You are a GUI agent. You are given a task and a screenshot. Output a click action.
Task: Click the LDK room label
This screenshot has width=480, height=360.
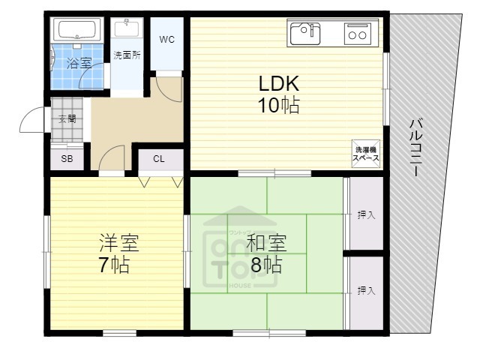point(280,82)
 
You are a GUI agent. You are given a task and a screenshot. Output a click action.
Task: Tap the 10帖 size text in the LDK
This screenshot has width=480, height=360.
point(280,105)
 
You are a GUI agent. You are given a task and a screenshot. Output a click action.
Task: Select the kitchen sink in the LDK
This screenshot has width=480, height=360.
point(305,33)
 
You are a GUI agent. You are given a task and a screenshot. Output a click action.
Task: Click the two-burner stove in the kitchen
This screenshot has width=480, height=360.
point(357,34)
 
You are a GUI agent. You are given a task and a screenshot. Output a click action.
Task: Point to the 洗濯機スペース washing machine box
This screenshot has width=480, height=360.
point(367,153)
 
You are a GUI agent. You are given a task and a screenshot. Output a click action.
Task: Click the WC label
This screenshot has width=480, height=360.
point(167,40)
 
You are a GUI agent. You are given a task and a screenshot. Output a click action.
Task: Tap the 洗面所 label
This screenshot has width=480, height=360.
point(127,55)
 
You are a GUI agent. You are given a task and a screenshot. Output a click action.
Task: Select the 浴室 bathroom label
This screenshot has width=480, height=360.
point(79,64)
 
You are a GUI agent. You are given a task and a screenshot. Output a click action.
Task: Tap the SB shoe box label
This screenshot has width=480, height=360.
point(67,159)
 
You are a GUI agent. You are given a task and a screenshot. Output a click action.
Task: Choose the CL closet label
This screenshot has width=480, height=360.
point(159,159)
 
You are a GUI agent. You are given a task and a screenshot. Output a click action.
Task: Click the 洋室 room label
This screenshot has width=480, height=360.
point(119,243)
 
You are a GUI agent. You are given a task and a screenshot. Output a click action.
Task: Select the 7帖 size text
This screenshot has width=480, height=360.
point(114,265)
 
